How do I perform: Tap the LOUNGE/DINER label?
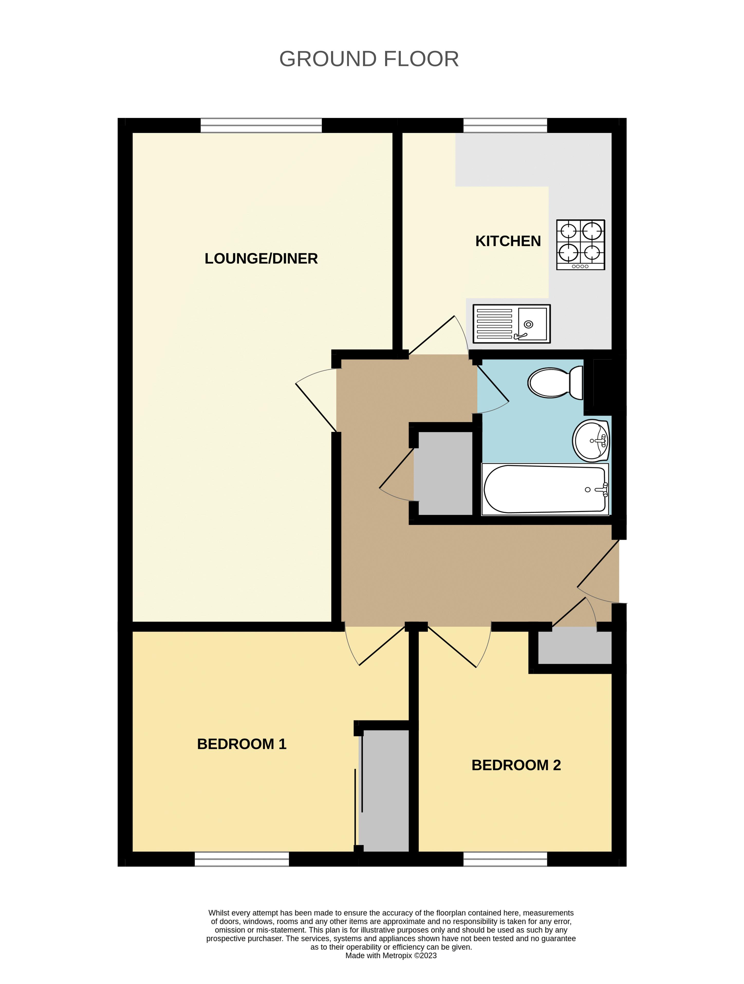click(x=261, y=258)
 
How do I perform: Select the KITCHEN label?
click(x=508, y=241)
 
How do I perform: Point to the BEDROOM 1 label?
click(x=241, y=744)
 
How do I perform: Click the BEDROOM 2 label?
click(x=516, y=765)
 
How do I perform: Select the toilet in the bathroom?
click(x=556, y=382)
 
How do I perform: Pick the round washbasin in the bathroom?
click(x=591, y=440)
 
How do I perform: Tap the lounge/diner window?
click(x=261, y=125)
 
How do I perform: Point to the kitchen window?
click(x=505, y=125)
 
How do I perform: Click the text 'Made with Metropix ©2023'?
click(x=391, y=955)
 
